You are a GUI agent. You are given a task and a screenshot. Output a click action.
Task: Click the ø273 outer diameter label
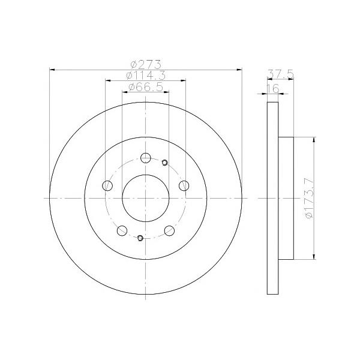click(146, 65)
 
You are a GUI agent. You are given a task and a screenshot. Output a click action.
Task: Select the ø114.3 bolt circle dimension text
click(146, 76)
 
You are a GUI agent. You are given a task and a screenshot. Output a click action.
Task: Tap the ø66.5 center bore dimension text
click(146, 87)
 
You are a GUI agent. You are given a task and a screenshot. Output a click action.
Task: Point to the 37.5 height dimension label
click(280, 74)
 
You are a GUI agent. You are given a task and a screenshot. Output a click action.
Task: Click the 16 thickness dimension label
click(273, 88)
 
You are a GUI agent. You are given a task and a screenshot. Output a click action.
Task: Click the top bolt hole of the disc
click(146, 158)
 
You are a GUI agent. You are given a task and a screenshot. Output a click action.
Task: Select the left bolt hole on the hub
click(107, 185)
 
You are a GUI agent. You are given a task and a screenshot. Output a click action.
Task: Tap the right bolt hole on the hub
click(184, 185)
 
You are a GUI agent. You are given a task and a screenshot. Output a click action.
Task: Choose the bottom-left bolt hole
click(122, 230)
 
